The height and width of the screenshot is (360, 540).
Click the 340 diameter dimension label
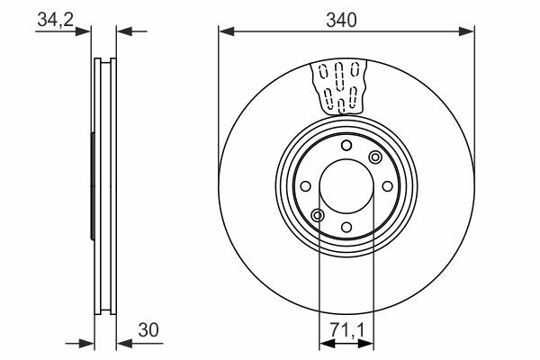341,20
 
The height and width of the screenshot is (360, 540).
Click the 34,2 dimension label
56,19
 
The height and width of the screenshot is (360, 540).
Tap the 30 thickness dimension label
148,329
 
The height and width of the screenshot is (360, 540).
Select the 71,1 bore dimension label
346,329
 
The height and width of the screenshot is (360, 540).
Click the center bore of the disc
346,186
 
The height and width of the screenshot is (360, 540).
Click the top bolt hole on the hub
346,146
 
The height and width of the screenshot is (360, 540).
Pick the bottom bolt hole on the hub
346,228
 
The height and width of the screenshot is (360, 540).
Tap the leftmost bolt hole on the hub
305,186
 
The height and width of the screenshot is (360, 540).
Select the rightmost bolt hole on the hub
387,186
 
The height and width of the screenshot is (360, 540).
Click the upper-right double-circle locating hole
375,157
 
